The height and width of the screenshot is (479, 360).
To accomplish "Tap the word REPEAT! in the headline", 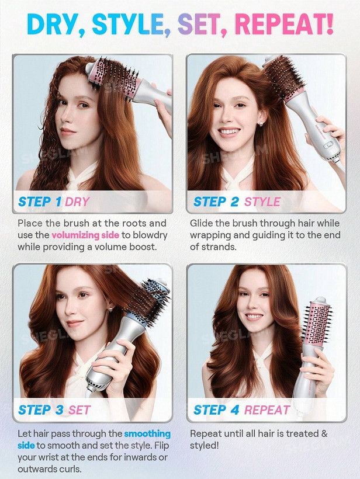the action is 285,24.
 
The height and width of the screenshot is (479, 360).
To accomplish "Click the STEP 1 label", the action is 40,202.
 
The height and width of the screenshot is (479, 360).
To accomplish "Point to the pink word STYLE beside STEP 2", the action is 262,202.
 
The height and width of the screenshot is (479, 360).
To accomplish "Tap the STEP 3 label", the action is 41,410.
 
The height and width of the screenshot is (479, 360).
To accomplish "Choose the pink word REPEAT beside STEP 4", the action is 267,410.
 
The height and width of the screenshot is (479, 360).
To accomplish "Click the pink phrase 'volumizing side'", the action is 85,235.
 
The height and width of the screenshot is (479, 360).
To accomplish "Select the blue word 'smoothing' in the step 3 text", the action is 147,434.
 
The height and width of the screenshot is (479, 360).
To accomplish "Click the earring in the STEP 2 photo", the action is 261,124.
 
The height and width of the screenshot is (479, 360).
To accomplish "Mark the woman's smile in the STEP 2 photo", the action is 229,132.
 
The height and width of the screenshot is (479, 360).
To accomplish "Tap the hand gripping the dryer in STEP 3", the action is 115,367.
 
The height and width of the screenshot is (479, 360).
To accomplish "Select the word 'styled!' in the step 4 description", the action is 205,445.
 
